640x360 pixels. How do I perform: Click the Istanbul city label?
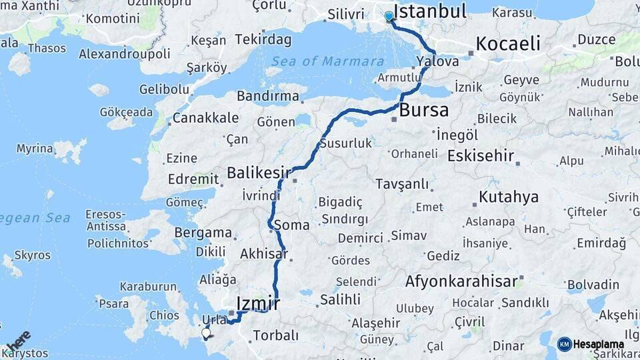[x=430, y=11]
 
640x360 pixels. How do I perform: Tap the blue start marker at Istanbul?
[x=389, y=16]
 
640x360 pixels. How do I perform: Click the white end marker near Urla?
[x=206, y=332]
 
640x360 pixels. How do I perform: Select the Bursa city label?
[x=425, y=110]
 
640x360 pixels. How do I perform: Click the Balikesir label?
[x=259, y=173]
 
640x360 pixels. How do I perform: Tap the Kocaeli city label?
[x=507, y=44]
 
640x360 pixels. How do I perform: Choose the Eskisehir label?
[x=481, y=156]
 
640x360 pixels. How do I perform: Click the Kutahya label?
[x=509, y=197]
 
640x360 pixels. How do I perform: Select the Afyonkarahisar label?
[x=461, y=281]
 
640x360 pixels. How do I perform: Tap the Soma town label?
[x=291, y=225]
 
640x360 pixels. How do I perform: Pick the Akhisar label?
[x=264, y=253]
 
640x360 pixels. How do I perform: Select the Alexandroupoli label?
[x=126, y=54]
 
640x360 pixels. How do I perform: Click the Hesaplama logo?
[x=591, y=345]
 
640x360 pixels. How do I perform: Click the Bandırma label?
[x=267, y=96]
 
